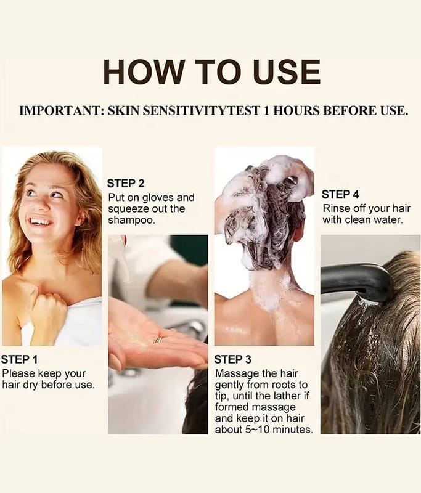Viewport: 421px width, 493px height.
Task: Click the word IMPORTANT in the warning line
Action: pos(62,111)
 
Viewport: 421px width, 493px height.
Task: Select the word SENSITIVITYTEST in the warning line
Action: pos(184,111)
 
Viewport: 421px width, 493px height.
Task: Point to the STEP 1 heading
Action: pos(19,359)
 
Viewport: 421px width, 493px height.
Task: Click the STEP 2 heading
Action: pos(126,183)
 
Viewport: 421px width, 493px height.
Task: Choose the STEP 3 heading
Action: pos(232,359)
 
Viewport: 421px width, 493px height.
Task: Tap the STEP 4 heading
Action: pos(340,194)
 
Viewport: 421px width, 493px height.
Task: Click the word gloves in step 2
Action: pos(158,198)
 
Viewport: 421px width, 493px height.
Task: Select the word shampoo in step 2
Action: pos(131,220)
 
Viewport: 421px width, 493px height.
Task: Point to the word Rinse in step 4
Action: pos(336,208)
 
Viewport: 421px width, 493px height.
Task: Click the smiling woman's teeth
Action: pos(40,222)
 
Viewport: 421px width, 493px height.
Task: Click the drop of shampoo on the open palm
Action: pos(158,340)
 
